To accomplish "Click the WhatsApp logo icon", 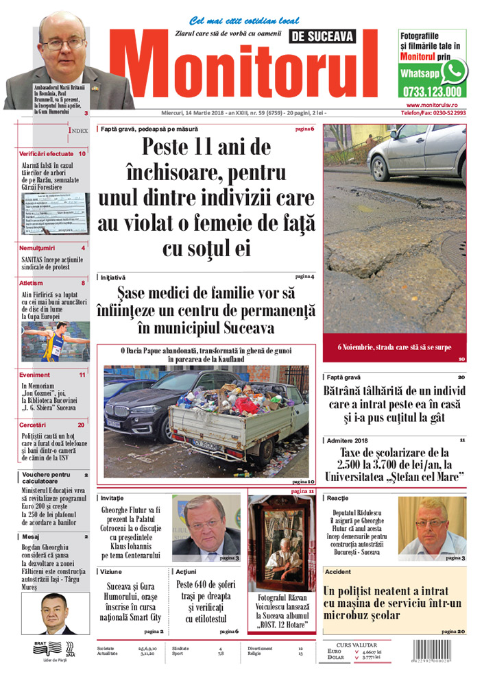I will (x=454, y=71).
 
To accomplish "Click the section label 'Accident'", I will (x=339, y=571).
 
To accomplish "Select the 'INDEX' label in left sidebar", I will (x=77, y=129).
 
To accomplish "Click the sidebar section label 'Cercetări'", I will (x=34, y=425).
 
